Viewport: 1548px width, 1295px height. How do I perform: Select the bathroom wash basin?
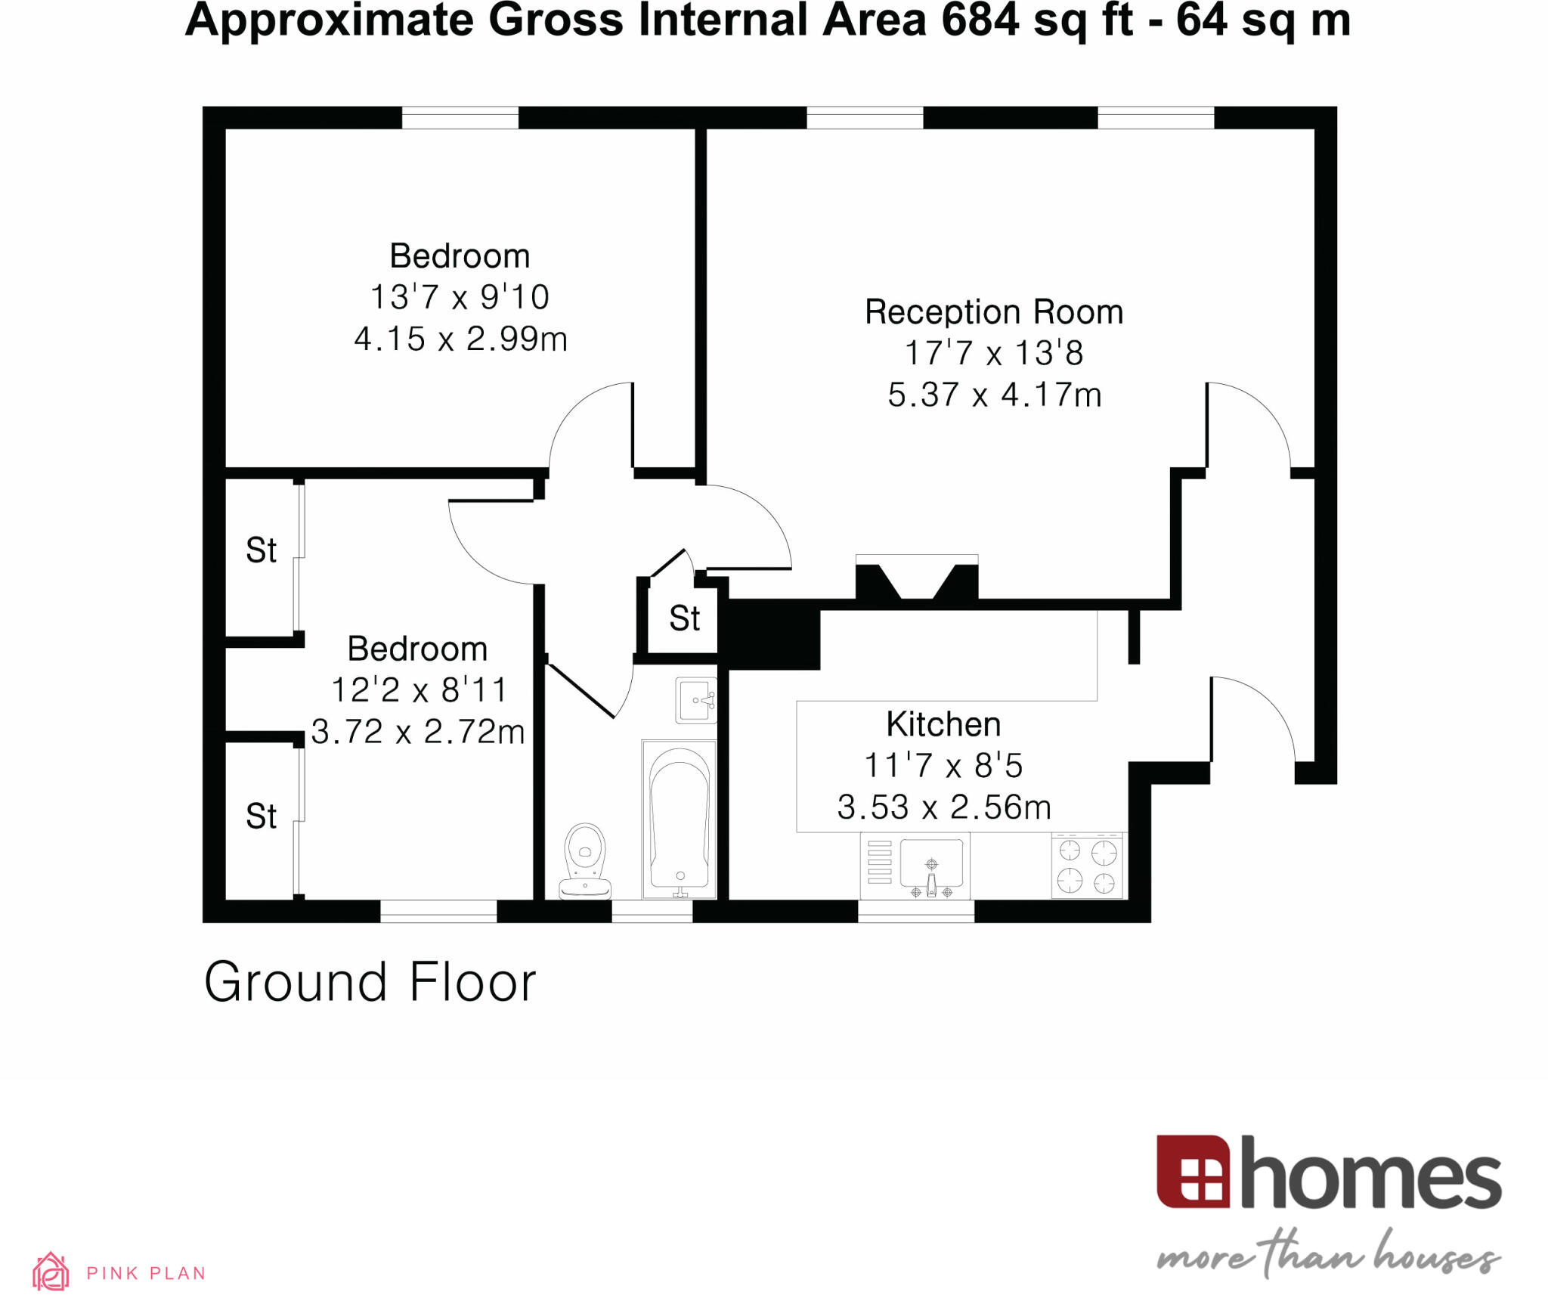(695, 700)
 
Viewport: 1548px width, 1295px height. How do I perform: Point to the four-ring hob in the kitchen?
(1087, 866)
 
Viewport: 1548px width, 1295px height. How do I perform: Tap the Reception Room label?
(993, 312)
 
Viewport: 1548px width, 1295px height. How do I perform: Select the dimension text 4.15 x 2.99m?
(460, 339)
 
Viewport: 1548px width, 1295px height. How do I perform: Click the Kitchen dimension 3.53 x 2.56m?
(944, 807)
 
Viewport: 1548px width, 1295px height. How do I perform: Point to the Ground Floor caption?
(370, 982)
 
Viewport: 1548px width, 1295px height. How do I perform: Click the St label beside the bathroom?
(684, 618)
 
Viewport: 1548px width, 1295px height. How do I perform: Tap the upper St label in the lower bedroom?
(261, 550)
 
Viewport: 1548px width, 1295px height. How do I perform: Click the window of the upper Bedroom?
(460, 118)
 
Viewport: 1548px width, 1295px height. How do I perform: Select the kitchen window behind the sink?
(915, 912)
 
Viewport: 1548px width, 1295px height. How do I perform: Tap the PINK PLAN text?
(146, 1273)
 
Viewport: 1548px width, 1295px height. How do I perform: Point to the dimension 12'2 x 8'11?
(418, 690)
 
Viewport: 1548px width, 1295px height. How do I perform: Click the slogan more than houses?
(1328, 1256)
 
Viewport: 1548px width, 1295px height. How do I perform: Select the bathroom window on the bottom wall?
(652, 912)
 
